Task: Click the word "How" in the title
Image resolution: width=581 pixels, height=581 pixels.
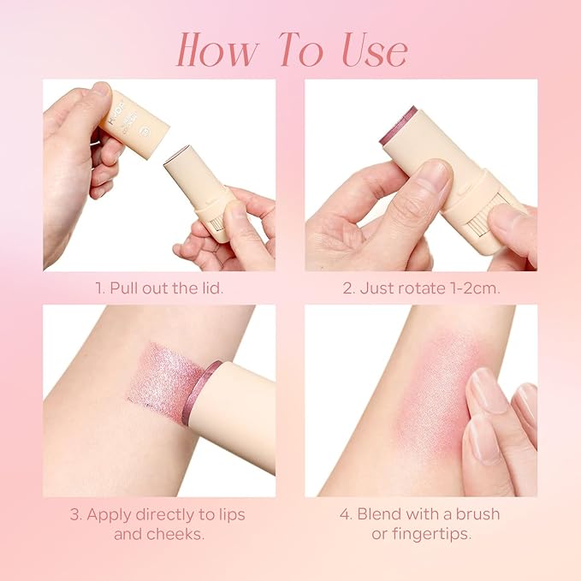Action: click(217, 50)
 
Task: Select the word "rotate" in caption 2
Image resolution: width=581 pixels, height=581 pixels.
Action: click(412, 288)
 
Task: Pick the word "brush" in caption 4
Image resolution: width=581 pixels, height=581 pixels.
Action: click(479, 515)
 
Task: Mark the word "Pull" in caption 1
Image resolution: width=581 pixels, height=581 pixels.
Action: click(126, 288)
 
